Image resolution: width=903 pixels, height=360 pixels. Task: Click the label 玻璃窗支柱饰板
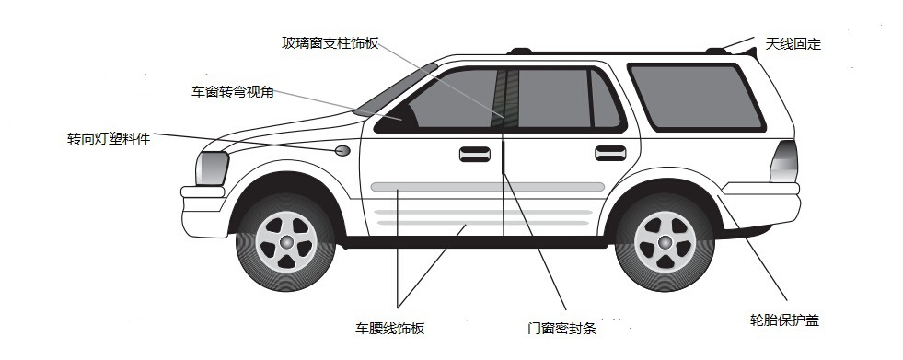[330, 42]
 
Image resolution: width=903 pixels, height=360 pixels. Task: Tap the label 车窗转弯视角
[233, 91]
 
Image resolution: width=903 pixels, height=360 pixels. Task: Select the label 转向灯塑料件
[109, 139]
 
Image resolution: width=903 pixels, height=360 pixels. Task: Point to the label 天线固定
[793, 44]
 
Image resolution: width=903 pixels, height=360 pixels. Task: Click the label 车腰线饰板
[390, 329]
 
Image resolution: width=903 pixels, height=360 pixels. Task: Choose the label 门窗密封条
[561, 329]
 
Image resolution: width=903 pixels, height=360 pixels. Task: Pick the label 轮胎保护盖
[784, 320]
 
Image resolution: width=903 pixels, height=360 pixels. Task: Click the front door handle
[475, 154]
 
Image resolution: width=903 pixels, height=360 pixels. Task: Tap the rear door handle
[610, 153]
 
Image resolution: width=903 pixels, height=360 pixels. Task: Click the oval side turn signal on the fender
[342, 150]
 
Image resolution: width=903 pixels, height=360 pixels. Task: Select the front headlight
[212, 168]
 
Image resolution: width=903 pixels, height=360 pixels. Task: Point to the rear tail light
[783, 161]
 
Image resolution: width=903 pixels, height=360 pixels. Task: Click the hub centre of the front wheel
[286, 242]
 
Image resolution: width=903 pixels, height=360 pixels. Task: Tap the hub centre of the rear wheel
[665, 242]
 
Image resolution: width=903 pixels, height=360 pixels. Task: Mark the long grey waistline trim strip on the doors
[487, 187]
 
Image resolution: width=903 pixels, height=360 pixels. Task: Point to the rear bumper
[760, 204]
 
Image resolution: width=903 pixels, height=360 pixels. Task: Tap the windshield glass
[395, 90]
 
